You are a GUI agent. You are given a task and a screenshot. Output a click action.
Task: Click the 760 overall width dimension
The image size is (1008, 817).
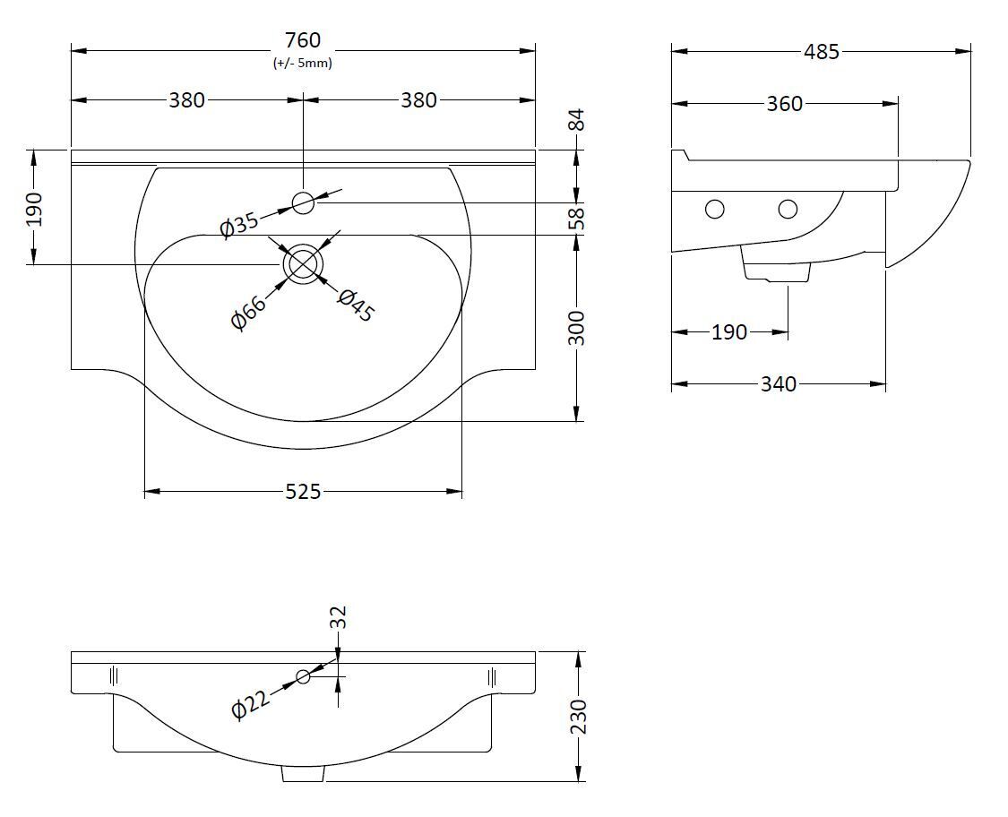click(302, 40)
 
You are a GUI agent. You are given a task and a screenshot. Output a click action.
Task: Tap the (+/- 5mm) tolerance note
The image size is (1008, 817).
click(302, 63)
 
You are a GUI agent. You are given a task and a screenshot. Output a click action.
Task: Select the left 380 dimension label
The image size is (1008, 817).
click(187, 100)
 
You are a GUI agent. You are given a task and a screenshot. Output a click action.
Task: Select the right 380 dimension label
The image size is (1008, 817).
click(419, 100)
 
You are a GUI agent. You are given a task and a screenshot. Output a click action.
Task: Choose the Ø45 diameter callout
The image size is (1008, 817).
click(356, 305)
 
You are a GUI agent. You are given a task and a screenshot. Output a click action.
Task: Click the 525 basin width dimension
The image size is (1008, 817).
click(302, 493)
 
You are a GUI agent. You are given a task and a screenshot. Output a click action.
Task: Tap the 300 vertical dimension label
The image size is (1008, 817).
click(577, 328)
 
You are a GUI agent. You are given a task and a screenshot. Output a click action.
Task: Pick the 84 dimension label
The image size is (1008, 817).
click(577, 120)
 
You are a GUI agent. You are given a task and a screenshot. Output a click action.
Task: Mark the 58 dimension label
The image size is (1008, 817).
click(577, 219)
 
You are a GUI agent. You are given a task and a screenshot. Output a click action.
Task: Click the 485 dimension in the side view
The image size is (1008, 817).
click(822, 51)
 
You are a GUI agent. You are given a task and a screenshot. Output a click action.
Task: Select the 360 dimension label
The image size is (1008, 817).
click(784, 104)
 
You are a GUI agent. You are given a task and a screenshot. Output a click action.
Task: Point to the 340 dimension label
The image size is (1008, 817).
click(779, 384)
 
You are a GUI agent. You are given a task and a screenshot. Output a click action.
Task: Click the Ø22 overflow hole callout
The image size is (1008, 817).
click(250, 707)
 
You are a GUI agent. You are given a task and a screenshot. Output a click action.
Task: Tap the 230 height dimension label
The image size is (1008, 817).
click(578, 717)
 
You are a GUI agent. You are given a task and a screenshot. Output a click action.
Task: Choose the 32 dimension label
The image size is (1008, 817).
click(338, 617)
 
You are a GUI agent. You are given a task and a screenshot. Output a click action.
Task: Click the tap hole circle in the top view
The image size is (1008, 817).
click(303, 203)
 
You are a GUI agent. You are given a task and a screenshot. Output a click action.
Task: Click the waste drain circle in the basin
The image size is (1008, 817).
click(302, 264)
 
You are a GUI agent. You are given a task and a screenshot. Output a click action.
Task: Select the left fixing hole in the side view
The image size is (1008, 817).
click(715, 209)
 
